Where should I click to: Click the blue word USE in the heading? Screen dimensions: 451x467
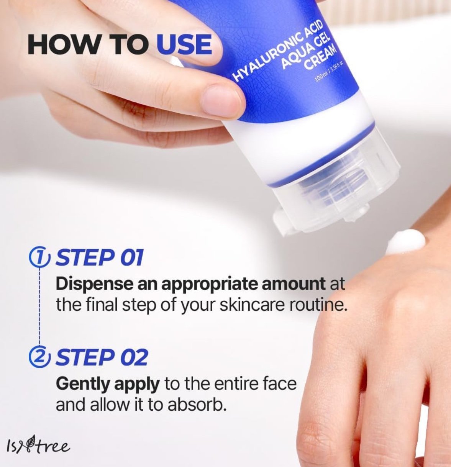pyautogui.click(x=184, y=45)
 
